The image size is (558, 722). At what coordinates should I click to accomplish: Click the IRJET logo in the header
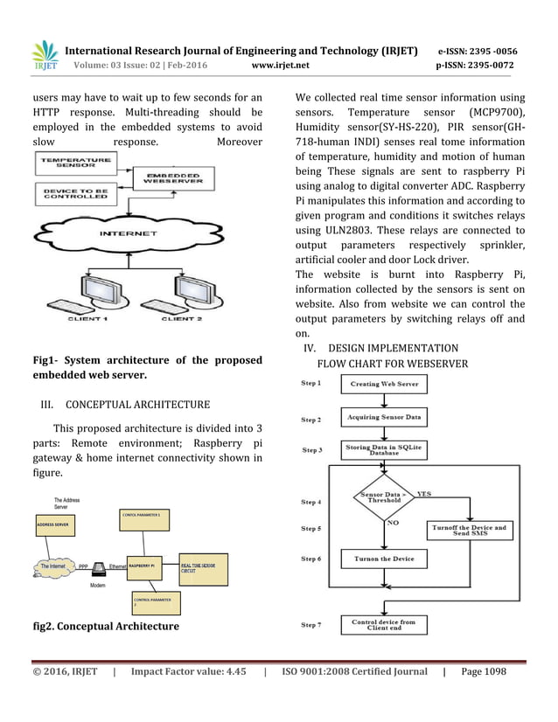click(45, 55)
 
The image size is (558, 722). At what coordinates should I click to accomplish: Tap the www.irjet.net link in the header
click(280, 65)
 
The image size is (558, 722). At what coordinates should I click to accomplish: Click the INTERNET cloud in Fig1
click(128, 233)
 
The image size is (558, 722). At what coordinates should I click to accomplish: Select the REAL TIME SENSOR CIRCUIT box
click(203, 568)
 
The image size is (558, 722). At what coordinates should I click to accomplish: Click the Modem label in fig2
click(98, 586)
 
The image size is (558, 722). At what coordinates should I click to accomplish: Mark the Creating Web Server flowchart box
click(384, 384)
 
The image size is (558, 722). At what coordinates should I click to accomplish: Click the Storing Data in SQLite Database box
click(384, 450)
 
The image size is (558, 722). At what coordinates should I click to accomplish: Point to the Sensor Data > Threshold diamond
click(384, 497)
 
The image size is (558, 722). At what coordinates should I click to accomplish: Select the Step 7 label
click(311, 625)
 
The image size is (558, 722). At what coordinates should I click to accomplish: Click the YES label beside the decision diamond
click(423, 494)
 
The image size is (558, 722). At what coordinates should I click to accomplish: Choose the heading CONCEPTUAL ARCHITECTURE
click(137, 405)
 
